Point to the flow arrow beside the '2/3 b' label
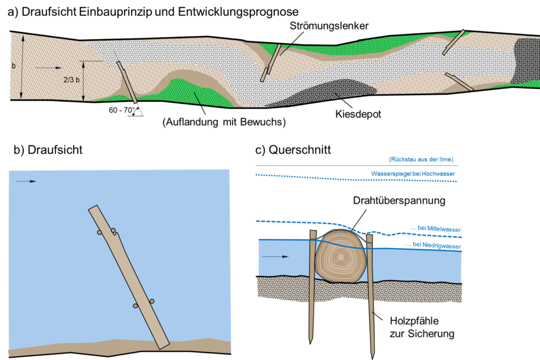[49, 67]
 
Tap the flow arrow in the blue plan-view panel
[26, 181]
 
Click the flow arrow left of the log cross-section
[275, 257]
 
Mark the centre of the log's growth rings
[341, 257]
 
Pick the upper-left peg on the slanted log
[99, 232]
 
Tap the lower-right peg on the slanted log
[152, 301]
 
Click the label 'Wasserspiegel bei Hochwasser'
[413, 173]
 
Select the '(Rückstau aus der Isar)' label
[421, 159]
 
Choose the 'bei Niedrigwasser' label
[433, 245]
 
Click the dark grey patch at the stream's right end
[525, 61]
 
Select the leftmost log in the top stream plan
[127, 82]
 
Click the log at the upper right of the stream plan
[454, 42]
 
